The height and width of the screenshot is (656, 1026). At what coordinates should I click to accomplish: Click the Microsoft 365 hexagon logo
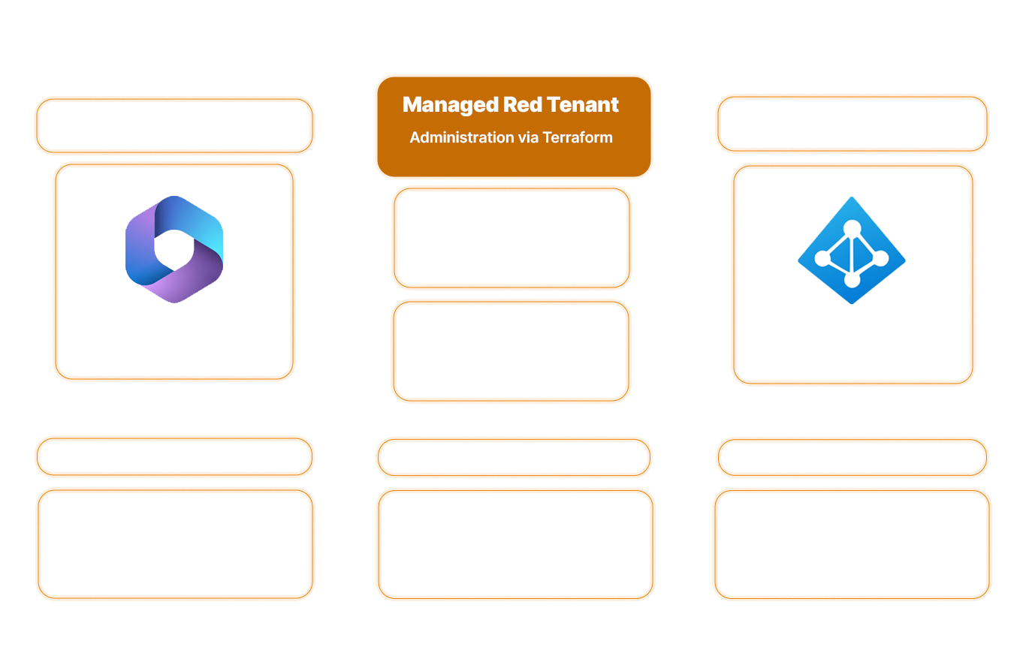[x=174, y=249]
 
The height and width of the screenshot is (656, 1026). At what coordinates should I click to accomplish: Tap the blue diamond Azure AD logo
[x=852, y=250]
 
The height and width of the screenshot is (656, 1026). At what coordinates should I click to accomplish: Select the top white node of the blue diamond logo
[x=852, y=227]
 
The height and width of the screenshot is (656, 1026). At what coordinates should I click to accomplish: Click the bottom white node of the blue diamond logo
[x=852, y=280]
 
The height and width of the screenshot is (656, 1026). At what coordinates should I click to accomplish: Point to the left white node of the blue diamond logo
[x=822, y=259]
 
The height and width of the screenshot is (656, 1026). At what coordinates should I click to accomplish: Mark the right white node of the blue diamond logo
[x=881, y=259]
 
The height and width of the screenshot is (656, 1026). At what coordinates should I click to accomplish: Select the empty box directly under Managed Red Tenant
[x=511, y=237]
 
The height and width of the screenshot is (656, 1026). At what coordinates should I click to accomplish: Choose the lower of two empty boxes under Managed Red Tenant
[x=511, y=351]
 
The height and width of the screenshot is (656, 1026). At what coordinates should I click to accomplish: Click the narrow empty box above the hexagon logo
[x=174, y=125]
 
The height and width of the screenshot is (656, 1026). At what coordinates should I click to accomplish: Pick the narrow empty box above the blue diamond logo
[x=852, y=123]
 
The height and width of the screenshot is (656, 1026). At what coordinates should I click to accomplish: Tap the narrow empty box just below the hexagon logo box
[x=174, y=456]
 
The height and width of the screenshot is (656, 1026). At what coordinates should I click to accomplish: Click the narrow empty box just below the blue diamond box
[x=852, y=457]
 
